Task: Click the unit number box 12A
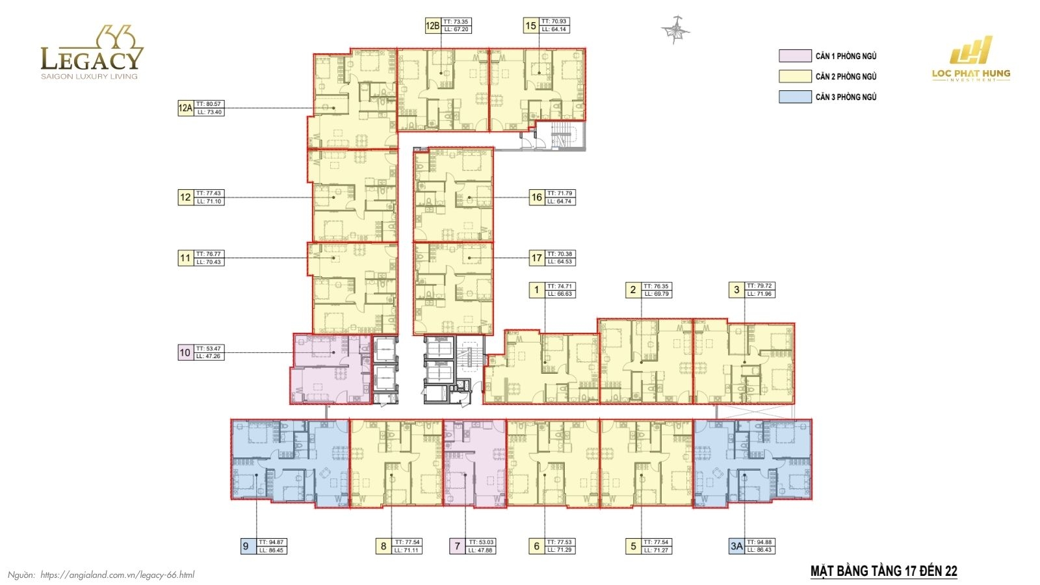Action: [185, 108]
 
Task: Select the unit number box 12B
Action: [432, 26]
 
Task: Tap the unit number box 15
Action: [531, 26]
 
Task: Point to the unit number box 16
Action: [536, 198]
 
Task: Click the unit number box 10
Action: [185, 352]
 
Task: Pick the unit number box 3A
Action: [736, 546]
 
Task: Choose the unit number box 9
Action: [246, 546]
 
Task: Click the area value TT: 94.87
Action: [272, 542]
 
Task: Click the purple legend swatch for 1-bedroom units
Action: [795, 56]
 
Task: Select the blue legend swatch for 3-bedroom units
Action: [795, 97]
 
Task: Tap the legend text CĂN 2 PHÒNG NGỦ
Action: [846, 77]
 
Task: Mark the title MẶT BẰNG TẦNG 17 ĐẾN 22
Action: [883, 571]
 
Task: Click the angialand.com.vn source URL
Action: [117, 575]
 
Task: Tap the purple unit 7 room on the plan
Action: [474, 463]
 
